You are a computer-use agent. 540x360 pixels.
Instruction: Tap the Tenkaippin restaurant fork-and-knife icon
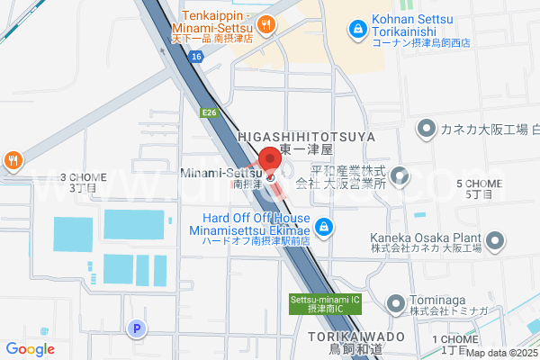pos(265,24)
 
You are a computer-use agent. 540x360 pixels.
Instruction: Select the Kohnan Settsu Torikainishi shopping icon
pos(358,30)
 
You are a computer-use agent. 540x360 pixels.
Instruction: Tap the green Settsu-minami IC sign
pos(326,304)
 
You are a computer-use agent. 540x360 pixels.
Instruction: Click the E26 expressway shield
pos(210,112)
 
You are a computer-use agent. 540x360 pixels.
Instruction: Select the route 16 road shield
pos(195,56)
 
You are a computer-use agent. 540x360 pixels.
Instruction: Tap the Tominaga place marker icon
pos(392,302)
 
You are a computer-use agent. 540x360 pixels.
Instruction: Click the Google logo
pos(30,349)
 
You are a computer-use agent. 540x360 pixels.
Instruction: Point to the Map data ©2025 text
pos(501,354)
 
